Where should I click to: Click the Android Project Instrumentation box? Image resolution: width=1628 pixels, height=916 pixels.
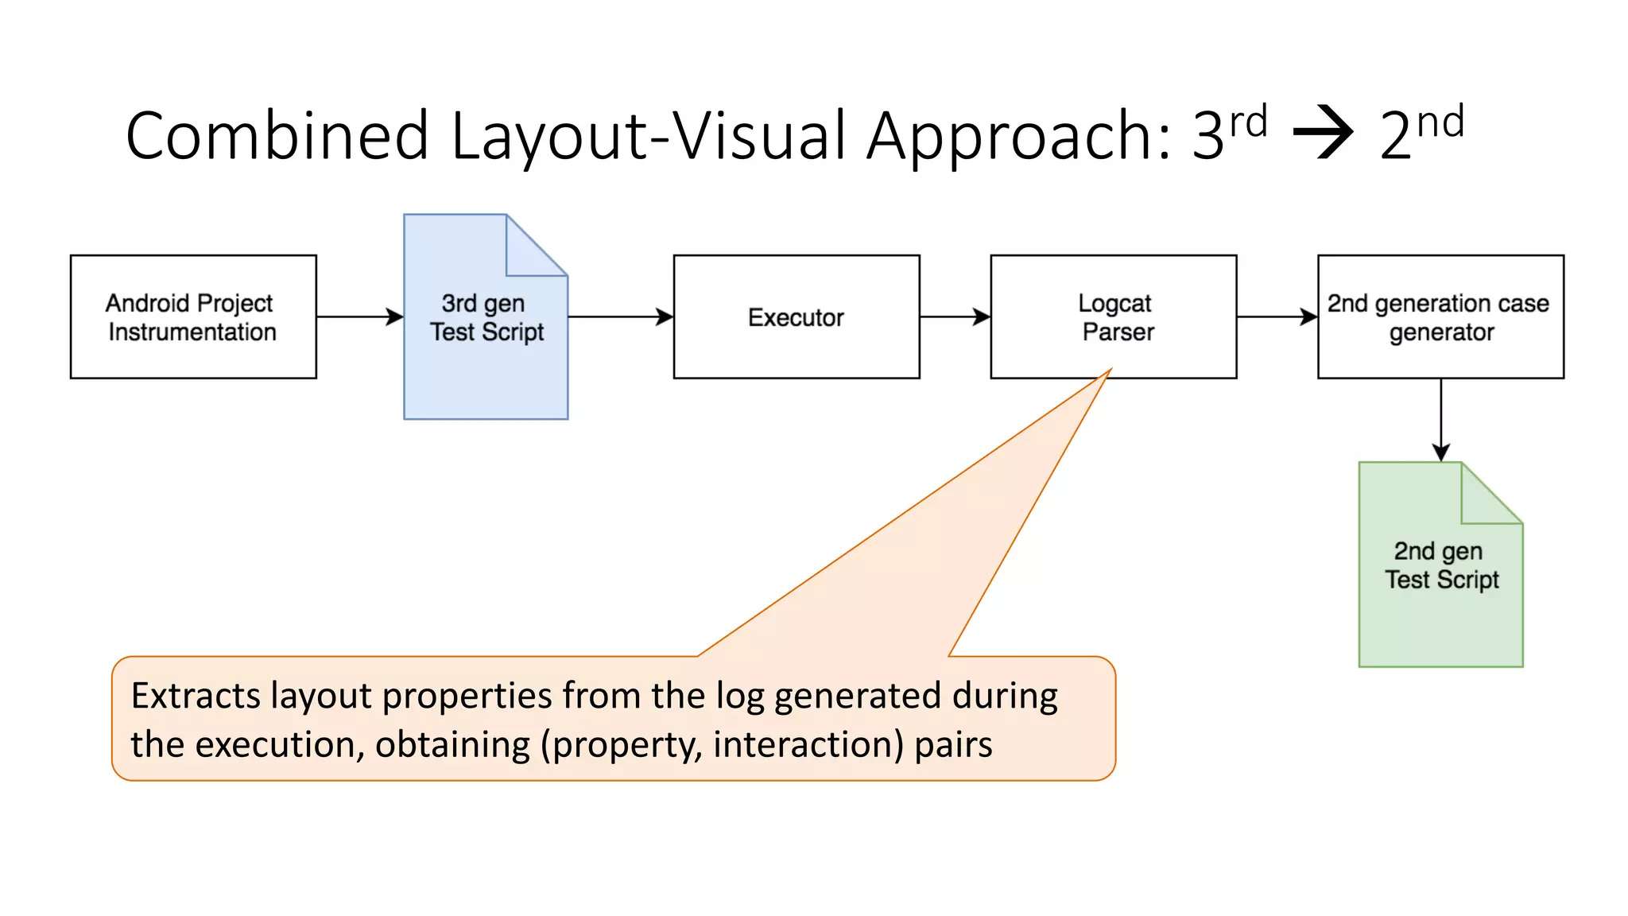tap(193, 316)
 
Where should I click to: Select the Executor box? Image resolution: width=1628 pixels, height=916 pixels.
tap(796, 316)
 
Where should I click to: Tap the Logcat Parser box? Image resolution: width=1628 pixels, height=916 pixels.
tap(1113, 316)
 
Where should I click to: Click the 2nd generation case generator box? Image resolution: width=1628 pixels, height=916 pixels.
tap(1440, 316)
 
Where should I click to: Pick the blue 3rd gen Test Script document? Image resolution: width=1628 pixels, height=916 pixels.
tap(485, 350)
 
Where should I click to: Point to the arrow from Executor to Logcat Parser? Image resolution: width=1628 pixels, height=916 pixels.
tap(955, 316)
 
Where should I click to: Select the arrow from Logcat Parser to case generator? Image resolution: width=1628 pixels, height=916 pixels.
tap(1277, 316)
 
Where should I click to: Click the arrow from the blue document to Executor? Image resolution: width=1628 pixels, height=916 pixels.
tap(620, 316)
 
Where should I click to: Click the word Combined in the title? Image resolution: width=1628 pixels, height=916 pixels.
tap(277, 136)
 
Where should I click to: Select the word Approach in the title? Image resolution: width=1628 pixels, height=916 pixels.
tap(1018, 136)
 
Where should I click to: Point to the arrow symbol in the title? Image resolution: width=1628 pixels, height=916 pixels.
tap(1323, 132)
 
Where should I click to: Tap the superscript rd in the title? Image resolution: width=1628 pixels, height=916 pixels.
tap(1248, 122)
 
